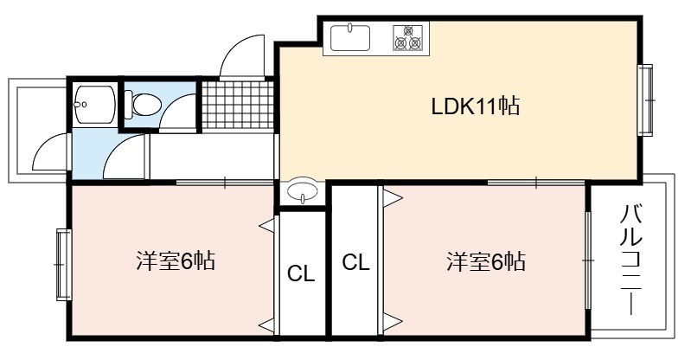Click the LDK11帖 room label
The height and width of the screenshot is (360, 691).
click(x=475, y=106)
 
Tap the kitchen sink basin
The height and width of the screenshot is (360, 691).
click(x=350, y=37)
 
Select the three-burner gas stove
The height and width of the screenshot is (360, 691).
click(x=407, y=37)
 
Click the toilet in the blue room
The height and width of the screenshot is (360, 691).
click(x=142, y=105)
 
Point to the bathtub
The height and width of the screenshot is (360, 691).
click(x=94, y=104)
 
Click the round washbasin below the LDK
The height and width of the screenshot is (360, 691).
click(x=302, y=191)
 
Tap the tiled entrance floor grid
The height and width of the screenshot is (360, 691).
click(x=238, y=105)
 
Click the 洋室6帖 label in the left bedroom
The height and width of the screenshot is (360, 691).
click(x=175, y=260)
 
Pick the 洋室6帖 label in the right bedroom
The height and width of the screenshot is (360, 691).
click(x=486, y=260)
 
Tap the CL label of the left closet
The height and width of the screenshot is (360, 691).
click(x=301, y=274)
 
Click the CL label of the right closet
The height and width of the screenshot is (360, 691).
click(x=355, y=263)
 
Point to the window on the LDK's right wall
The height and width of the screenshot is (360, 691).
click(x=646, y=100)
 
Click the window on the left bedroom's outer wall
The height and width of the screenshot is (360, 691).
click(x=63, y=265)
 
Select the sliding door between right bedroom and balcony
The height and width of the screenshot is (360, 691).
click(x=588, y=260)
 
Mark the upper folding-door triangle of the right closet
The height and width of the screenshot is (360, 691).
click(x=393, y=197)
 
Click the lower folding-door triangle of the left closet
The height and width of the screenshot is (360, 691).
click(x=266, y=326)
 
